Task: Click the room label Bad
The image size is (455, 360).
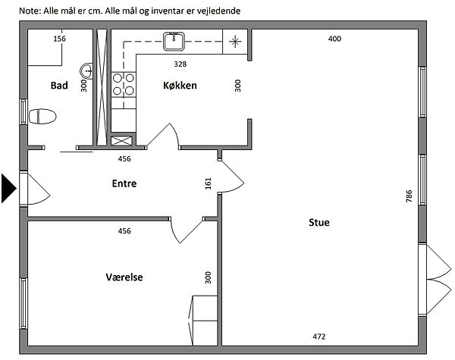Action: point(59,86)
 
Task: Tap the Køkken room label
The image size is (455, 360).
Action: point(180,86)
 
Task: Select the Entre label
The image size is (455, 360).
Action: point(124,183)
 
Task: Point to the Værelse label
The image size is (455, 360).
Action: point(124,277)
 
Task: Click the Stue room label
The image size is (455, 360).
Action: point(319,223)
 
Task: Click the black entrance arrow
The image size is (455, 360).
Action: point(8,188)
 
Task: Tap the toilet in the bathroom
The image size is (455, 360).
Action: point(42,116)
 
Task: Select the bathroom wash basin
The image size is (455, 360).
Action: point(86,70)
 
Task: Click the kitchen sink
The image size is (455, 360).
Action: point(174,42)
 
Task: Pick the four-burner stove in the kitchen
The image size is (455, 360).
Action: point(124,84)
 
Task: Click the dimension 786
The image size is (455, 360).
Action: point(409,196)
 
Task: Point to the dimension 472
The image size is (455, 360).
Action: point(319,337)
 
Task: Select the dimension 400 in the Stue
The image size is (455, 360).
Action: point(334,39)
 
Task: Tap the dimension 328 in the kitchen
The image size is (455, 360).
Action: point(180,64)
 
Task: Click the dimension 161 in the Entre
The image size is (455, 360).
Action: point(209,183)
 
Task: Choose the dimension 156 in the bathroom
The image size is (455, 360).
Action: point(59,39)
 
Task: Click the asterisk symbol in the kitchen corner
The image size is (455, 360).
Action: point(235,42)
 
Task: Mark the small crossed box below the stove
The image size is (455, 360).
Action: point(121,141)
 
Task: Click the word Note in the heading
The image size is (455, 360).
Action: point(30,11)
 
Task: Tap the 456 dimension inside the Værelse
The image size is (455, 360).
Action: point(124,231)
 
